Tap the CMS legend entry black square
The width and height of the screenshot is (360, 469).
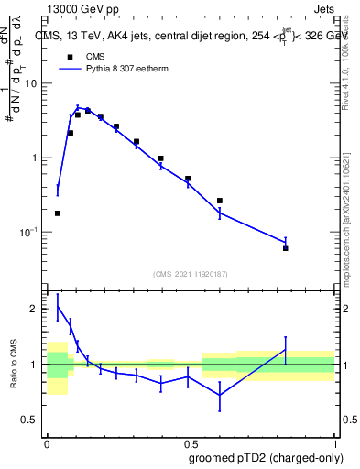pos(71,55)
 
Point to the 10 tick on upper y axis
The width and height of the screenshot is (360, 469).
pos(34,83)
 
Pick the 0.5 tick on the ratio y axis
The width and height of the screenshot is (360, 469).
pos(33,420)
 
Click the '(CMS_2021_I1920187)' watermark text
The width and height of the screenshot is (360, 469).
pos(190,274)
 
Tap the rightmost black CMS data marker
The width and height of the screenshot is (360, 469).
pos(286,248)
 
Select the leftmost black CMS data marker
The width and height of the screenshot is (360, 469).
pos(58,213)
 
